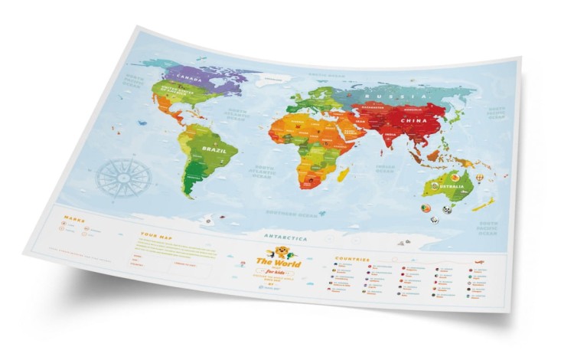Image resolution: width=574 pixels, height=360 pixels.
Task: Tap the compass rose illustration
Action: [123, 175]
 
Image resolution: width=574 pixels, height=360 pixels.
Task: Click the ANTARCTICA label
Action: [285, 237]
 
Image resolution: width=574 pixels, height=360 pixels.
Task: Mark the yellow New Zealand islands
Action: [484, 206]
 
